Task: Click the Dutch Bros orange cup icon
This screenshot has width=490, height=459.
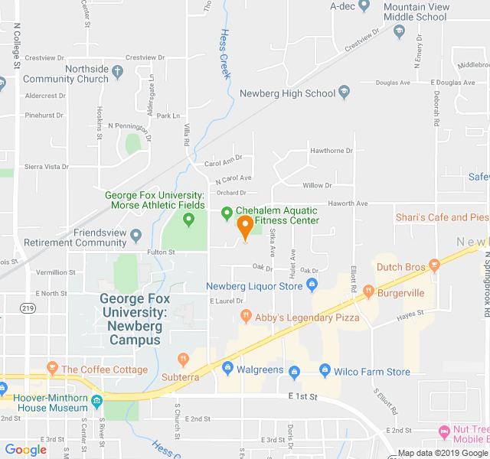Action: click(x=434, y=266)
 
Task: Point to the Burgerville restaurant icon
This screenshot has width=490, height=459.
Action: click(x=368, y=291)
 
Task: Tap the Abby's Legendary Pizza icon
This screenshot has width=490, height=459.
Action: click(x=245, y=315)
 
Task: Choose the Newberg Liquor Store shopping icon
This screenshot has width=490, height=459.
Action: click(x=312, y=286)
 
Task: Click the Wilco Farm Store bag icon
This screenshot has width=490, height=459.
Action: click(x=325, y=371)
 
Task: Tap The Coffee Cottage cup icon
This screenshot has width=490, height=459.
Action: click(x=52, y=369)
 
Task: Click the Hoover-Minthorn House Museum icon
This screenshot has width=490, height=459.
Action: click(x=96, y=402)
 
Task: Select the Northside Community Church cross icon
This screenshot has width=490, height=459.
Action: click(x=117, y=73)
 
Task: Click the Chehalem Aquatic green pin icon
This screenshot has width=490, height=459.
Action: click(x=227, y=213)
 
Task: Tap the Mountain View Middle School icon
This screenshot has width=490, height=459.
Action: click(x=399, y=31)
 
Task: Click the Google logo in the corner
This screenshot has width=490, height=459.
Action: click(x=26, y=450)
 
